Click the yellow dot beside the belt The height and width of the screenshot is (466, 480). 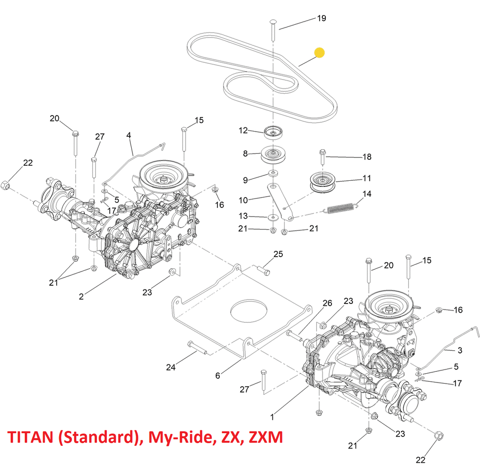pyautogui.click(x=319, y=52)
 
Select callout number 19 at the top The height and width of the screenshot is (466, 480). pyautogui.click(x=321, y=19)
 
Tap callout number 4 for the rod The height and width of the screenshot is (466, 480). pyautogui.click(x=128, y=135)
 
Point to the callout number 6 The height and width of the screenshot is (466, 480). pyautogui.click(x=217, y=375)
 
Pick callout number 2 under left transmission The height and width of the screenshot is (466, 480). pyautogui.click(x=81, y=296)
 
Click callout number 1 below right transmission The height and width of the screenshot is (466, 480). pyautogui.click(x=272, y=415)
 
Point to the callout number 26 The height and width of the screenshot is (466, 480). pyautogui.click(x=327, y=303)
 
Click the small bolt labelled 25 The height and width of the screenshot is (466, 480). pyautogui.click(x=264, y=270)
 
